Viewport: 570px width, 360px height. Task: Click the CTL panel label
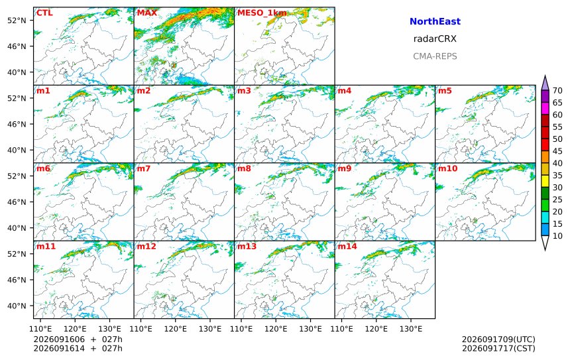click(x=44, y=13)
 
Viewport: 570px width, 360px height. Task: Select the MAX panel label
click(x=147, y=13)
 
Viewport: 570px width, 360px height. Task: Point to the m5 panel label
click(x=445, y=91)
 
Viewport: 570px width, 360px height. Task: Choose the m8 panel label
click(x=245, y=168)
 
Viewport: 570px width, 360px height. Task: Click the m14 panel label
click(x=347, y=247)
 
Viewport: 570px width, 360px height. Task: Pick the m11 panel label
click(x=46, y=247)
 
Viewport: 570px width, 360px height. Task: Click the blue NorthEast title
click(x=435, y=21)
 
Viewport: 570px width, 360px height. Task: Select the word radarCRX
click(x=435, y=39)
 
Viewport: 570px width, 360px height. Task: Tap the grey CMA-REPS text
click(x=435, y=56)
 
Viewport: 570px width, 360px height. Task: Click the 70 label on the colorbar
click(x=557, y=91)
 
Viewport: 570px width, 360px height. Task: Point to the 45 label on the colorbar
click(x=557, y=151)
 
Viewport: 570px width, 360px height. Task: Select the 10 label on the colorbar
click(x=557, y=236)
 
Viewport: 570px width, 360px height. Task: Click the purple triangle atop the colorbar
click(x=545, y=84)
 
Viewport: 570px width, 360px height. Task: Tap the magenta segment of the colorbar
click(x=545, y=108)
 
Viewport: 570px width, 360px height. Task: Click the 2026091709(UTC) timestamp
click(x=498, y=339)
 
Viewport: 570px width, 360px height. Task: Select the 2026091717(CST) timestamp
click(x=498, y=348)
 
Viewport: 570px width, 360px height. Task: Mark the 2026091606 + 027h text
click(x=78, y=339)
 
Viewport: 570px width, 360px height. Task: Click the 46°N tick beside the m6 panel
click(x=17, y=202)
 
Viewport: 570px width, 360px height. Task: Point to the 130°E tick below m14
click(x=411, y=329)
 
